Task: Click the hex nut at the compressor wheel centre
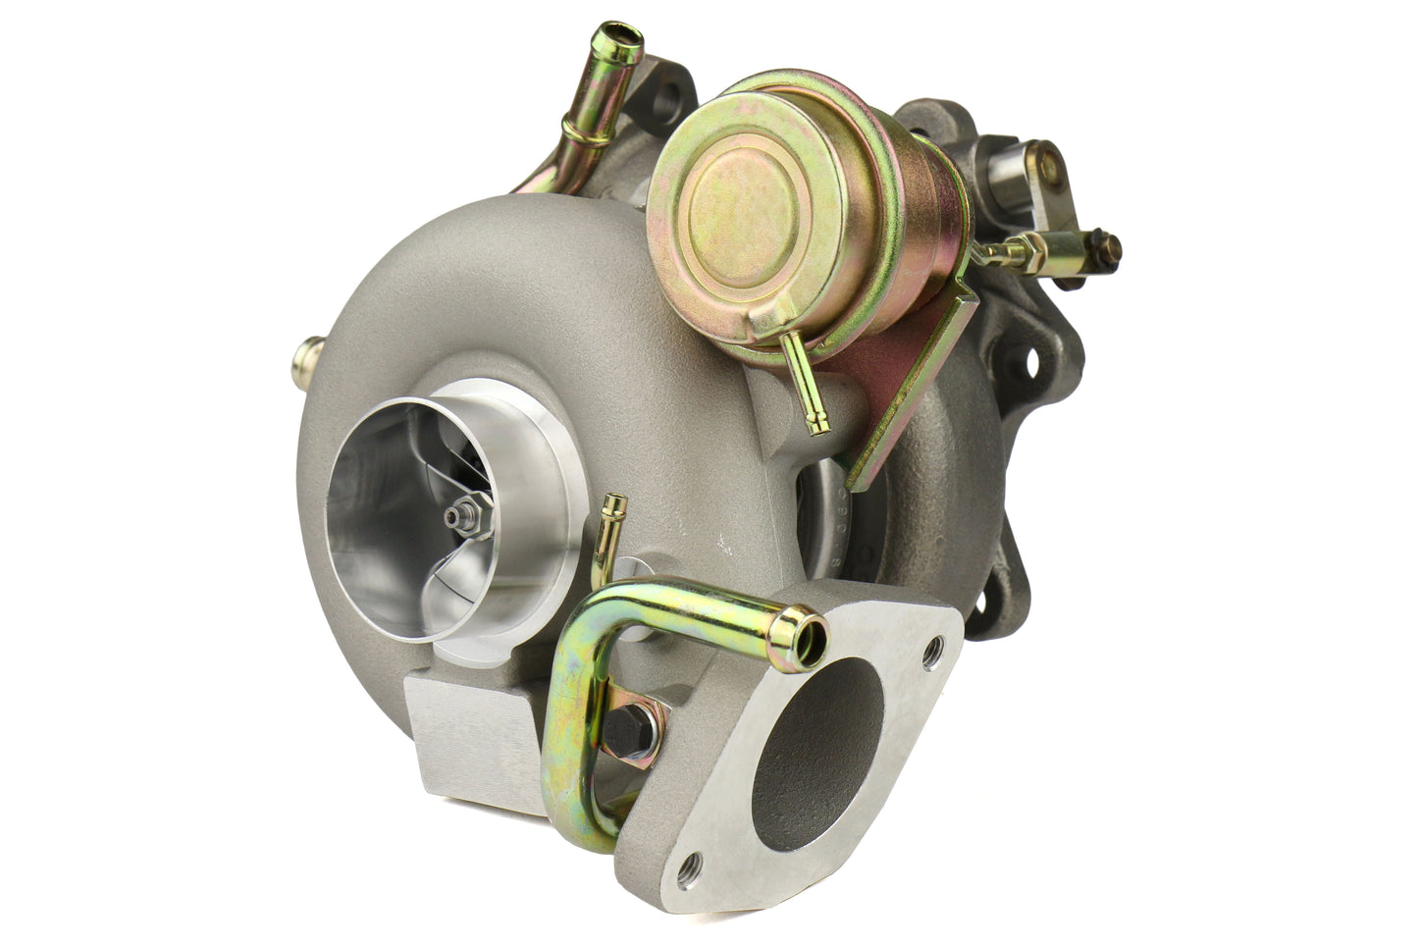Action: [x=456, y=514]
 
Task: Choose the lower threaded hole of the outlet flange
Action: [x=693, y=864]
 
